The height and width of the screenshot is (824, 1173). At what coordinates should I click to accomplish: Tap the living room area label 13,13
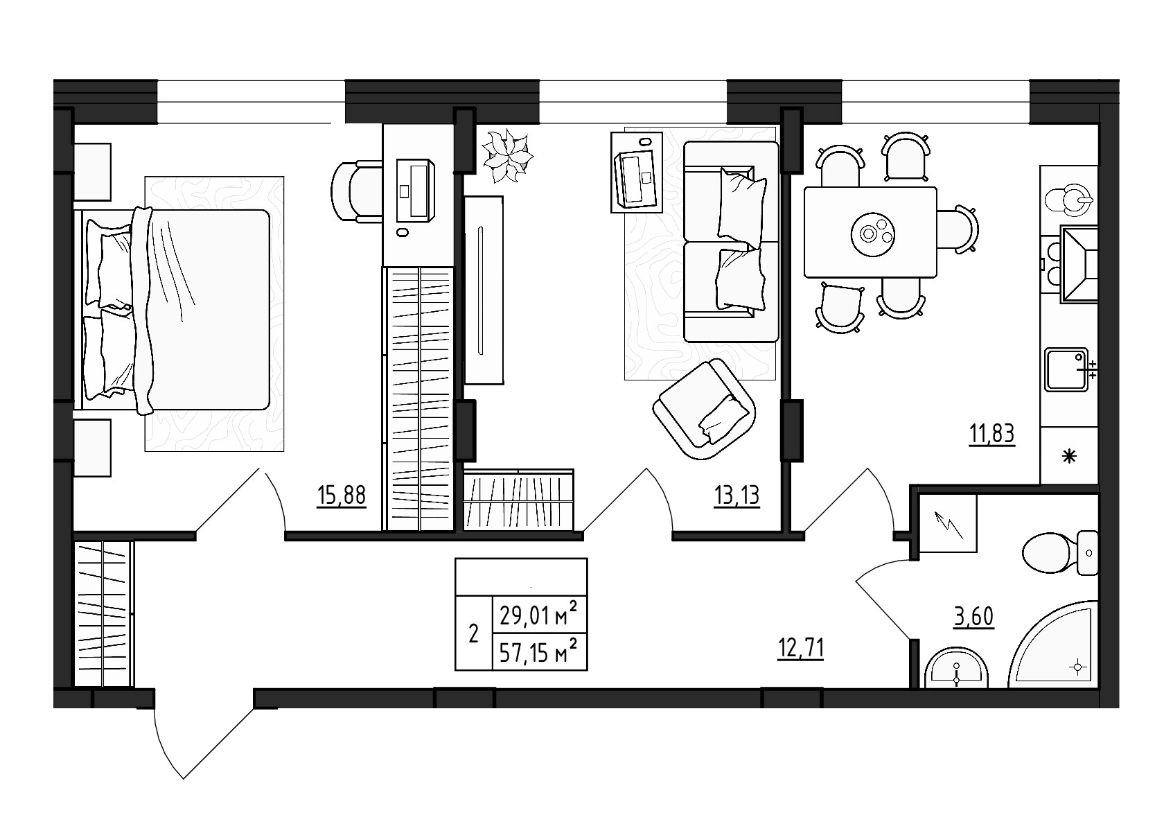[737, 496]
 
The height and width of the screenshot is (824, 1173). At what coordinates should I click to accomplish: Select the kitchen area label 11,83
[991, 435]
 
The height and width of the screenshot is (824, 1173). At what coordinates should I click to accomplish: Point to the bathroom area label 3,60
[973, 615]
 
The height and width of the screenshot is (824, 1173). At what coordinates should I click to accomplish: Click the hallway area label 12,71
[800, 649]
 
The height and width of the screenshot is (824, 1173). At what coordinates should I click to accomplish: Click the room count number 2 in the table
[473, 633]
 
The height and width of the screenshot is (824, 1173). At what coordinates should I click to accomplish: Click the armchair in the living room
[704, 409]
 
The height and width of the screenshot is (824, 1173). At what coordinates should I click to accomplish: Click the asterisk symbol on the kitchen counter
[1069, 456]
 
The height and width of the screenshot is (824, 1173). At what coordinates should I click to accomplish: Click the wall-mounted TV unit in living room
[483, 290]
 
